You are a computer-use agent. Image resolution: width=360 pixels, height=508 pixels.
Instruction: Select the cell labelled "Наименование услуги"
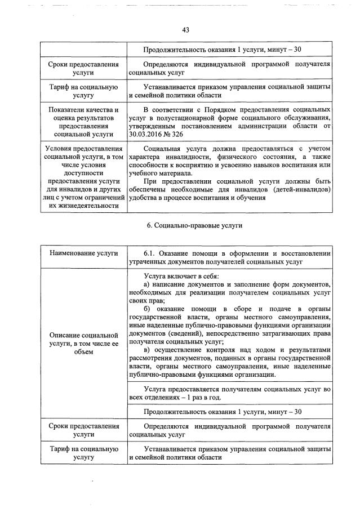[83, 253]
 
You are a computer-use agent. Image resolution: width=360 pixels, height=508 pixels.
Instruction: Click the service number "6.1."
[150, 253]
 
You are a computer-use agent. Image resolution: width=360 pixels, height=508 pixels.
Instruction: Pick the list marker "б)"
[148, 310]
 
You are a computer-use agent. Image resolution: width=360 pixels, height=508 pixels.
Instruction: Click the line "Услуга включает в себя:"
[181, 276]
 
